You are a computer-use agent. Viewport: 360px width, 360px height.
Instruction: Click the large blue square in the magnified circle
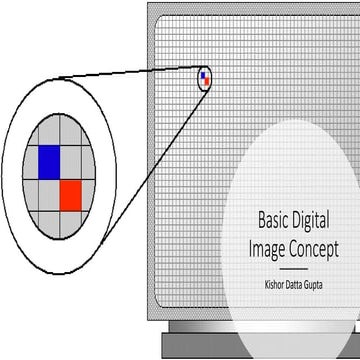point(49,161)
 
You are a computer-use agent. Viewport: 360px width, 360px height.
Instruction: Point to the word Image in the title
point(264,245)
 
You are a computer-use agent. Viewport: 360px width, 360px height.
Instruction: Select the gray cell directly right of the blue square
point(73,161)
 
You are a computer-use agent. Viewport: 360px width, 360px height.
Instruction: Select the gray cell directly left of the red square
point(49,194)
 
